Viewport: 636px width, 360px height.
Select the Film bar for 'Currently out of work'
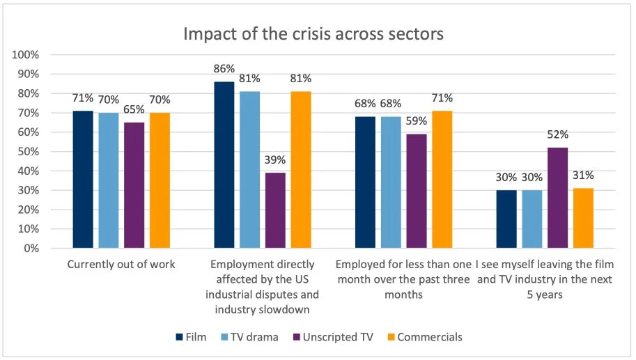[x=83, y=180]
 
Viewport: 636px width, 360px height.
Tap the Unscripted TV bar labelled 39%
[x=275, y=210]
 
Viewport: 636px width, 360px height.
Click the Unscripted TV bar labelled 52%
[x=557, y=198]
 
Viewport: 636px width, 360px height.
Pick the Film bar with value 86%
[x=224, y=165]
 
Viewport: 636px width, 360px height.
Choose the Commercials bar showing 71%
[x=442, y=180]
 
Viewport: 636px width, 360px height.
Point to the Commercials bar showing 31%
[x=583, y=218]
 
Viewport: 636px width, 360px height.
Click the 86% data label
[x=224, y=70]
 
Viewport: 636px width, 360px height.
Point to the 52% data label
[x=557, y=135]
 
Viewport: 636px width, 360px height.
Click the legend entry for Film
[x=191, y=337]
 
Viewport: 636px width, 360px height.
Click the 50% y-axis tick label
[x=30, y=152]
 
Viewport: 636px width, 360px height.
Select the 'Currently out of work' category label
[x=121, y=265]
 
